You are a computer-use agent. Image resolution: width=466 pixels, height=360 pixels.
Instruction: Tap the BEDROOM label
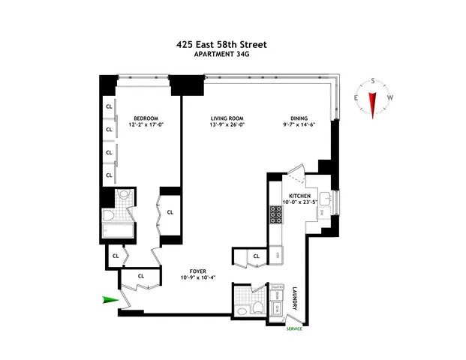pos(146,118)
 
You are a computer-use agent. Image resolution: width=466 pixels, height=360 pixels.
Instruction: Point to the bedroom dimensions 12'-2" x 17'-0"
pos(146,125)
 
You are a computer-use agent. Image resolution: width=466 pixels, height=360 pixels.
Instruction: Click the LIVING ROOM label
pos(227,118)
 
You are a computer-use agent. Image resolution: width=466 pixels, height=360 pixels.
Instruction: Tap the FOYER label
pos(198,271)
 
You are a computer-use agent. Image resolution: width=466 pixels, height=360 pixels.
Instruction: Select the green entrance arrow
pos(110,300)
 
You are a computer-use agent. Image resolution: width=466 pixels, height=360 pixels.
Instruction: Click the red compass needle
pos(371,100)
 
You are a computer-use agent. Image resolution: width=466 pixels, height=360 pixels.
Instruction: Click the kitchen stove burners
pos(275,217)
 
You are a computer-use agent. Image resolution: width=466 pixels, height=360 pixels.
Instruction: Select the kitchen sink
pos(326,199)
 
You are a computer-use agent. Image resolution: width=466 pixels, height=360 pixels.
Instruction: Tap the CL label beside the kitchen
pos(256,257)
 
